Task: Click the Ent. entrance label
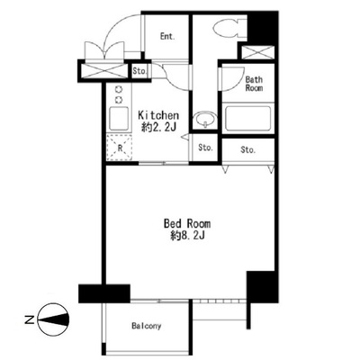[167, 37]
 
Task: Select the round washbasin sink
[205, 119]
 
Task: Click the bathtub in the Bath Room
[247, 118]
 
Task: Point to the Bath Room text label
[254, 84]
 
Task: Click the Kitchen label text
[158, 115]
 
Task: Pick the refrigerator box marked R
[120, 148]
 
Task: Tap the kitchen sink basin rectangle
[119, 118]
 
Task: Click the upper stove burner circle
[119, 89]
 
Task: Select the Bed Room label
[187, 223]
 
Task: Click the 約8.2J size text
[187, 236]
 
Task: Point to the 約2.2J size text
[158, 128]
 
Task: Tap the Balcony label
[147, 326]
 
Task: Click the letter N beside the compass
[29, 319]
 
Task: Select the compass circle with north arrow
[54, 319]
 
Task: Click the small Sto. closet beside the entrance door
[139, 71]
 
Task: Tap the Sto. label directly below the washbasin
[205, 148]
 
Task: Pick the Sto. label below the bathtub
[247, 149]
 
